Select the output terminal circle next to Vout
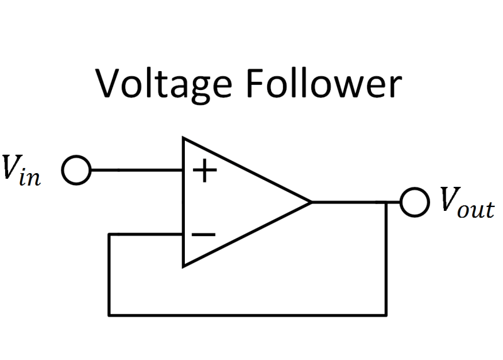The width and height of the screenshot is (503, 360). tap(414, 203)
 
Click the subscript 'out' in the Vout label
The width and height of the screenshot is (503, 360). tap(477, 210)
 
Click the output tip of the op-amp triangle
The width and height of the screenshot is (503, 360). tap(311, 203)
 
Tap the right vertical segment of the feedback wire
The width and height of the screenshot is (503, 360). tap(385, 258)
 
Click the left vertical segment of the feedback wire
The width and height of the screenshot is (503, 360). tap(109, 274)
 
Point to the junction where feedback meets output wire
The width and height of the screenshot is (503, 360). tap(385, 203)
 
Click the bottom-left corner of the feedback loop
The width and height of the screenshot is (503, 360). tap(109, 314)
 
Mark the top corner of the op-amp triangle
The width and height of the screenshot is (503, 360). tap(184, 138)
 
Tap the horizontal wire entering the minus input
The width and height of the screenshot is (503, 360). tap(146, 235)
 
